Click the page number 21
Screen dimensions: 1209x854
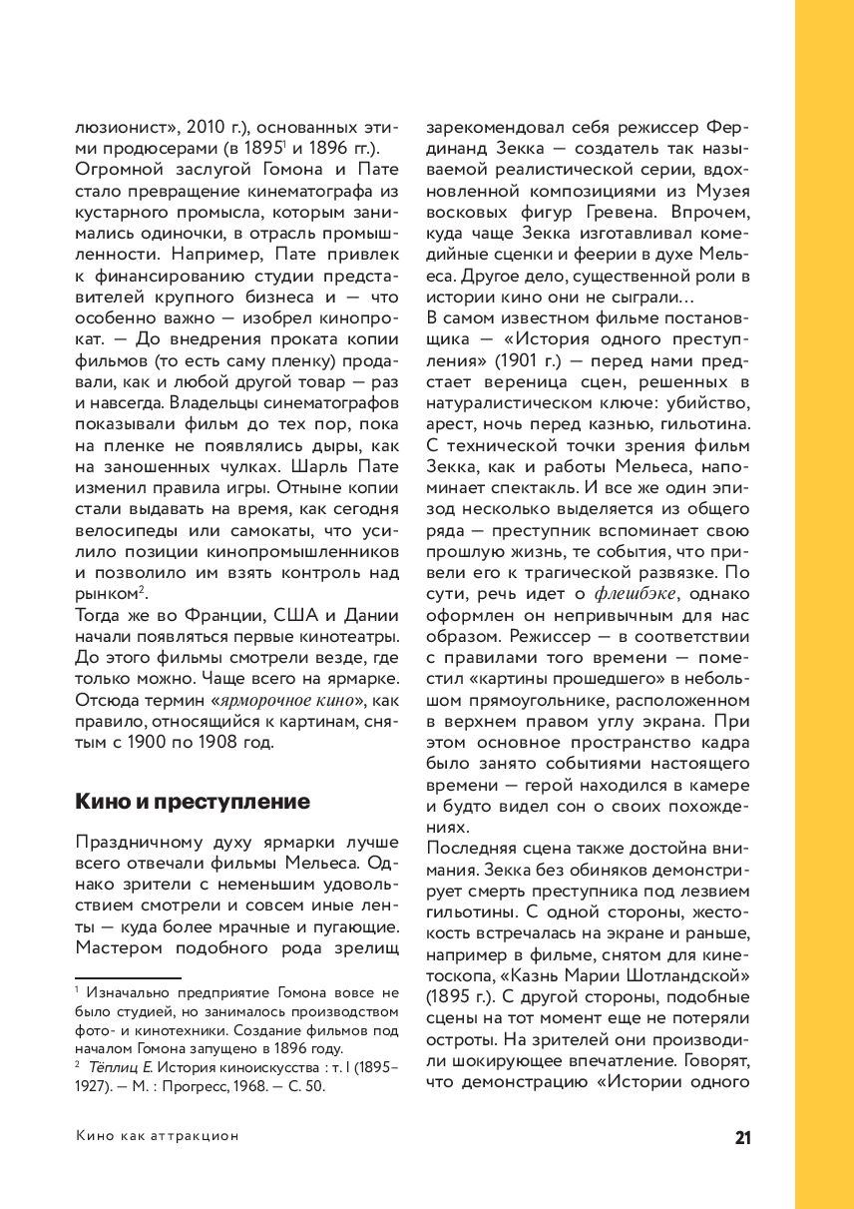point(742,1138)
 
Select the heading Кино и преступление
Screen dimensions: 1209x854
point(193,801)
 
